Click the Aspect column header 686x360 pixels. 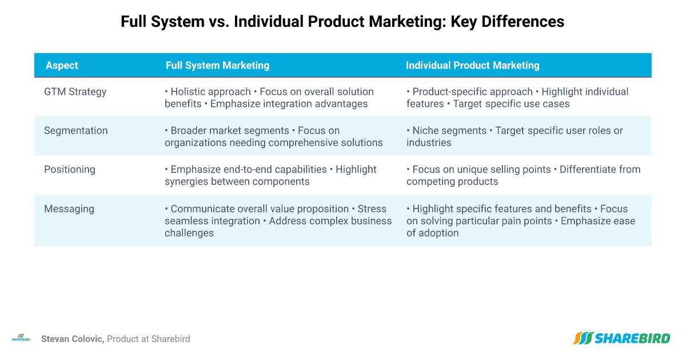point(62,66)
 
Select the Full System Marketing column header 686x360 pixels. point(217,66)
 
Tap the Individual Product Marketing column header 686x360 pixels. point(473,66)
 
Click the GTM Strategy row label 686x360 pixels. point(75,92)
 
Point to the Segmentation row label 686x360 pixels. point(75,131)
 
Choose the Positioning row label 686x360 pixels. point(70,170)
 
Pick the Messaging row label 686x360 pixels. point(69,209)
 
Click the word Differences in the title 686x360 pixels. point(523,22)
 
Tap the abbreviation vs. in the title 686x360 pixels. point(218,22)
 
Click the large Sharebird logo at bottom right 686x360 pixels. point(621,338)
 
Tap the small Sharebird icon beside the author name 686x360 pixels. point(21,338)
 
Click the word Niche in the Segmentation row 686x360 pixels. point(424,131)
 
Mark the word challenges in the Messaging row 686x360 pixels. point(189,233)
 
